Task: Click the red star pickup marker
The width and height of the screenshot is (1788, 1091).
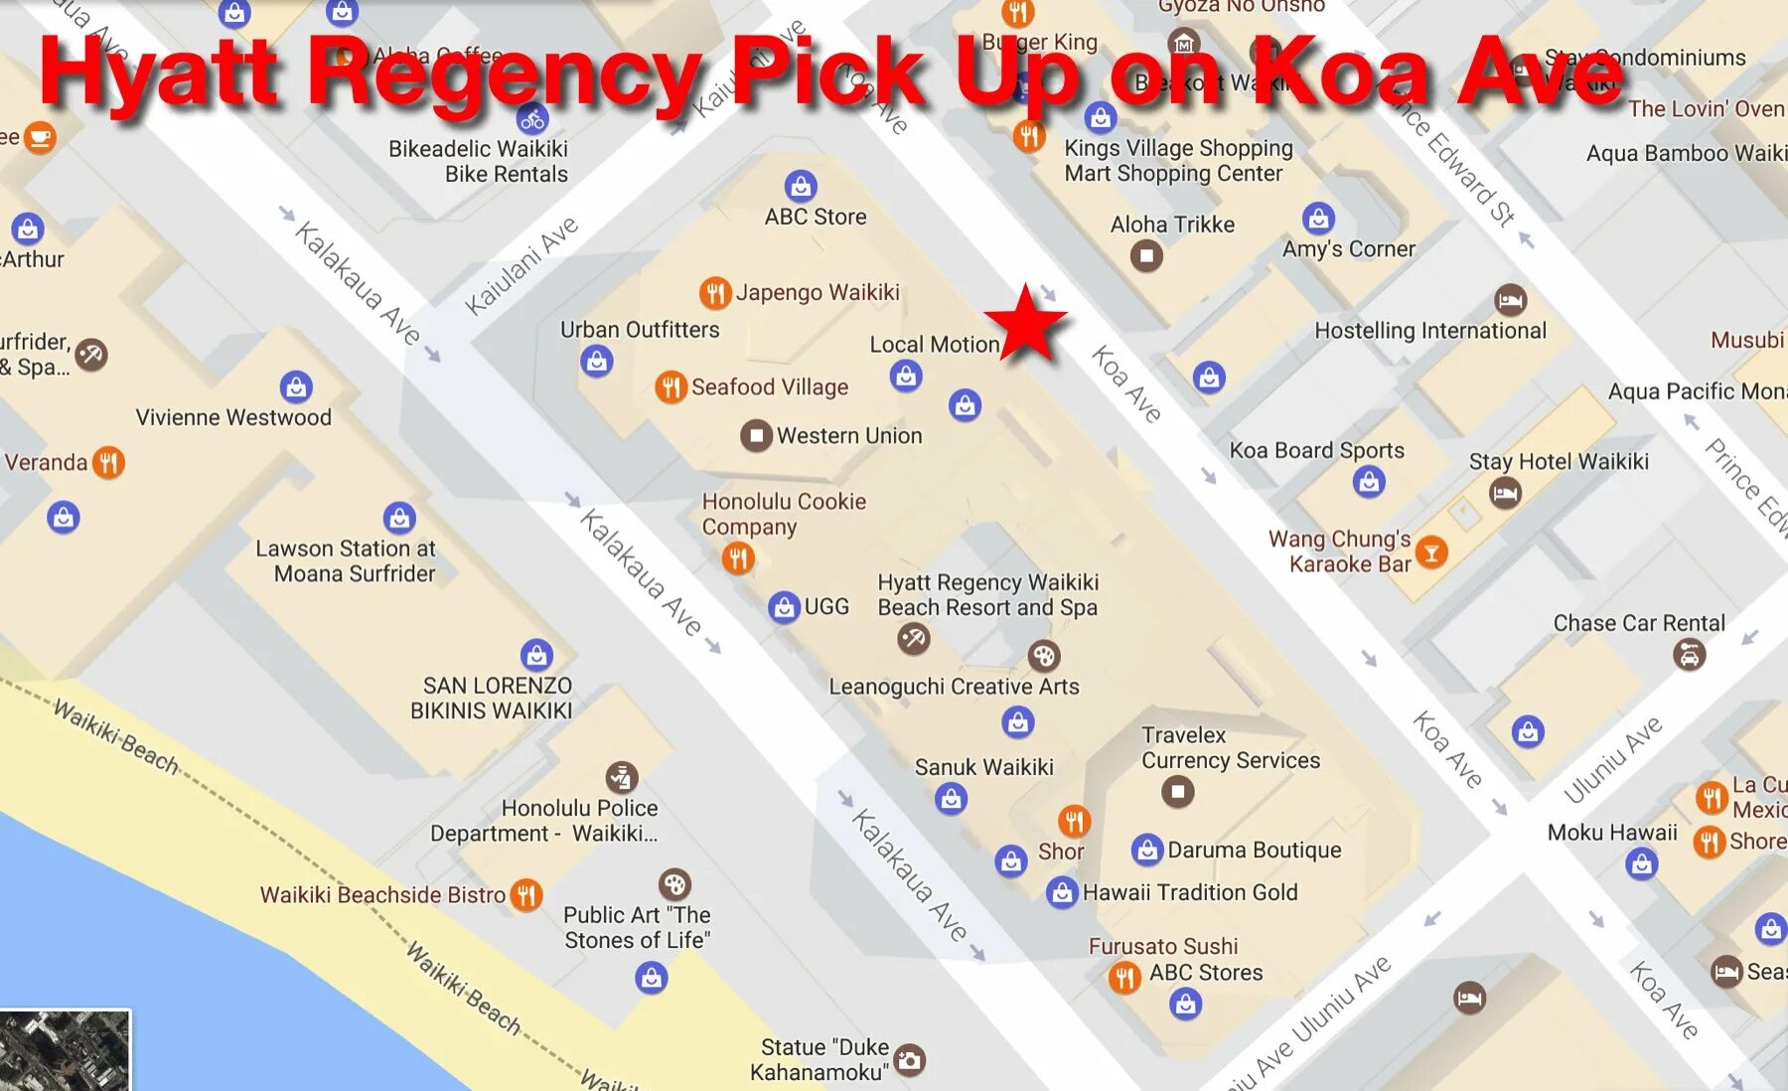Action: (x=1026, y=323)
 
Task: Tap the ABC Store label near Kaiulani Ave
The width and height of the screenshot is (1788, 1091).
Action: (x=815, y=217)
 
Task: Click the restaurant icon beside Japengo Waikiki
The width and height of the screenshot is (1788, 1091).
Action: (x=714, y=293)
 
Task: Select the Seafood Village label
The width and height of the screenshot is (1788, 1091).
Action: (x=769, y=388)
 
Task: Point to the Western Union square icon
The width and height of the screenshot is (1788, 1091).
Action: (x=756, y=435)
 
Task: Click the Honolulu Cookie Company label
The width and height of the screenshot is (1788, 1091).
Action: (x=783, y=514)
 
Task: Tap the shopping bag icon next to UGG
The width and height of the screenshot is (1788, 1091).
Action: (x=784, y=606)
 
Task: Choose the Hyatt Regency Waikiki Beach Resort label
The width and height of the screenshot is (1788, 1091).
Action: (x=987, y=594)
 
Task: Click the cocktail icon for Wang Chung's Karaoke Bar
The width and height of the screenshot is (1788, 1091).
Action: (x=1430, y=552)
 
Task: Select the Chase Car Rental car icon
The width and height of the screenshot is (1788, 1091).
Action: (x=1689, y=654)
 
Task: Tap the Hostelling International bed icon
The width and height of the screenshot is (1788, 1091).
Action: (x=1510, y=299)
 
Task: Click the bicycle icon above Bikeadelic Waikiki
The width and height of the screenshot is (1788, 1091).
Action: (x=532, y=120)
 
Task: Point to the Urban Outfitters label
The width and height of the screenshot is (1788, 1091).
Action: (x=640, y=330)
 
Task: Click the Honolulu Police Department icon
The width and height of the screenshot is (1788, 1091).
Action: (x=622, y=777)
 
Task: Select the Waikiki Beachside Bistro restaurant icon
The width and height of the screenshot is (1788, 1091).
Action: (x=526, y=895)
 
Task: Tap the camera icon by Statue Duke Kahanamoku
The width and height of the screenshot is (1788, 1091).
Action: (x=909, y=1060)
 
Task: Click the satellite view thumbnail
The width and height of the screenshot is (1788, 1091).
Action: (x=65, y=1050)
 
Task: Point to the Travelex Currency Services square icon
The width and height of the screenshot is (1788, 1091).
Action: (x=1177, y=792)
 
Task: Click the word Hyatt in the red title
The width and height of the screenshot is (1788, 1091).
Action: (x=159, y=75)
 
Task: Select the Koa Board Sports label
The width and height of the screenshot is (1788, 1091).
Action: (x=1316, y=450)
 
